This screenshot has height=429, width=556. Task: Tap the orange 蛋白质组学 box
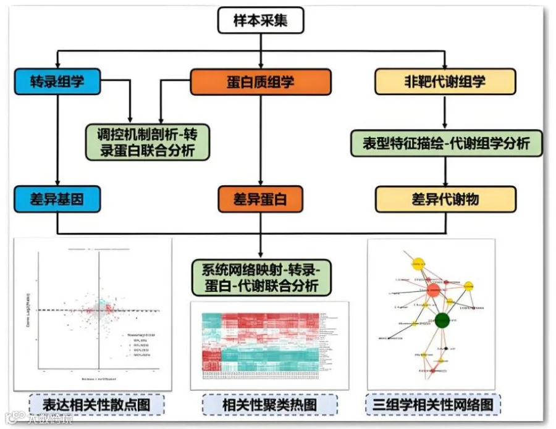260,81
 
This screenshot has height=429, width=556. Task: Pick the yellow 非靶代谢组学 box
445,81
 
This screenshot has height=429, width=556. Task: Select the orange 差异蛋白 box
260,199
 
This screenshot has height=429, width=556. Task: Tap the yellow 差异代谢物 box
445,199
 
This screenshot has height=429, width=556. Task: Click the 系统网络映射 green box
260,277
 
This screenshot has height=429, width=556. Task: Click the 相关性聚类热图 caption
269,405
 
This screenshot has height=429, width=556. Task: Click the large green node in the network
442,320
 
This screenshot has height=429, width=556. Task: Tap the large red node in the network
433,289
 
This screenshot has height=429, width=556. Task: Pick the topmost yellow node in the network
418,264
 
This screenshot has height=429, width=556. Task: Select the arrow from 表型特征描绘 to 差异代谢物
445,171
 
